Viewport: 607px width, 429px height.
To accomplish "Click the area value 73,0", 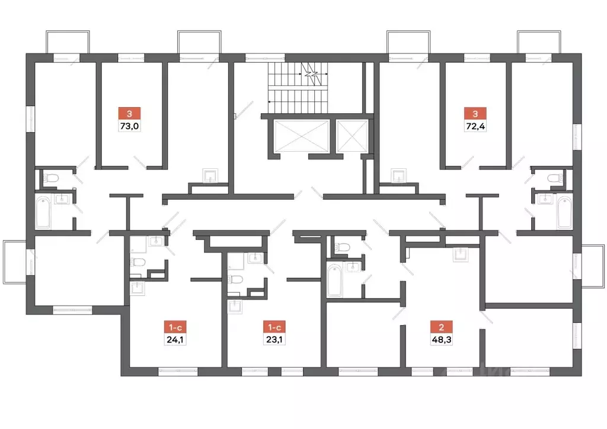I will tap(129, 126).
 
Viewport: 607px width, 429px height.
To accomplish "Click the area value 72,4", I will tap(475, 126).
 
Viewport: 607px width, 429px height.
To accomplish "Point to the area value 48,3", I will tap(440, 340).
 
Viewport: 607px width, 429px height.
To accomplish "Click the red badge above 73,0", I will tap(129, 113).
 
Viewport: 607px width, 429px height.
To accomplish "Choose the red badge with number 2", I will tap(440, 326).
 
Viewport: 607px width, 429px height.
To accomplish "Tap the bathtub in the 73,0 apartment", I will tap(44, 213).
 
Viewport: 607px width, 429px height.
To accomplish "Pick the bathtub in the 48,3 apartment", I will tap(335, 280).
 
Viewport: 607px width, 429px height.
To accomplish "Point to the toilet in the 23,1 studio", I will tap(235, 280).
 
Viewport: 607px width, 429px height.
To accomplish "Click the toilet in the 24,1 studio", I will tap(138, 262).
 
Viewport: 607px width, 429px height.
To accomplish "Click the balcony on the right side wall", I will tap(593, 266).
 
